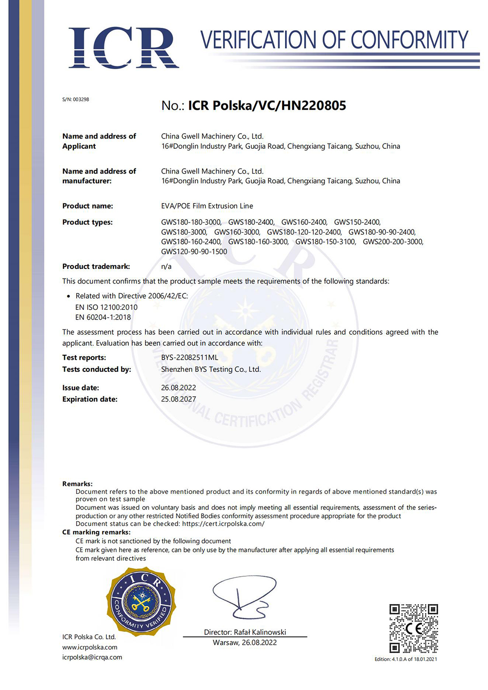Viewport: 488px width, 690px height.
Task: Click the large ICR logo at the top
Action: point(123,47)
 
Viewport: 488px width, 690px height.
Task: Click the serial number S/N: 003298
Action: point(76,100)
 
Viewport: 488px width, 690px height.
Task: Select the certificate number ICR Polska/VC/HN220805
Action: point(267,105)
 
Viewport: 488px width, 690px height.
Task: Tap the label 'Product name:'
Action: point(87,206)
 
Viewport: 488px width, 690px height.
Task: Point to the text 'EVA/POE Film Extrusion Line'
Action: point(207,206)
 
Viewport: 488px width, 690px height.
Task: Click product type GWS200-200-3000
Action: point(393,242)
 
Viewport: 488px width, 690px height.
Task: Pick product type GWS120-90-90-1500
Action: point(194,252)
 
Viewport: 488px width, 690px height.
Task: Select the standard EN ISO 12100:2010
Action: point(106,307)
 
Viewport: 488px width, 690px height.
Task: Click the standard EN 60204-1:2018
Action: point(103,317)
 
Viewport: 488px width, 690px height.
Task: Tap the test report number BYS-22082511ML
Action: point(189,358)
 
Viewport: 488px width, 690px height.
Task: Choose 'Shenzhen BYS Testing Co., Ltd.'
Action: point(211,369)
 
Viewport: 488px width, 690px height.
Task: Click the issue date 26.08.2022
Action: point(179,388)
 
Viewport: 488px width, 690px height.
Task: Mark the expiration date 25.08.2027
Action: point(179,399)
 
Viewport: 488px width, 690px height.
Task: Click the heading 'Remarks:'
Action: point(77,484)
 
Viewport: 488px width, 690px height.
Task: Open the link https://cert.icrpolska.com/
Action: point(223,524)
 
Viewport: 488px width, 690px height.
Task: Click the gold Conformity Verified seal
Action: point(141,601)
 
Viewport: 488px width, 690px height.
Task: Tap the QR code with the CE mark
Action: point(413,629)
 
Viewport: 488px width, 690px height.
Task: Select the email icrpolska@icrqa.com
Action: point(92,657)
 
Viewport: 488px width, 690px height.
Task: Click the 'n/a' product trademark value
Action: point(166,266)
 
